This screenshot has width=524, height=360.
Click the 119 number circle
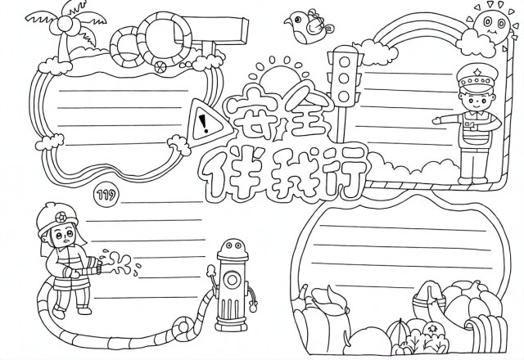point(107,194)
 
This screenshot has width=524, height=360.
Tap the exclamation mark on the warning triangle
point(204,124)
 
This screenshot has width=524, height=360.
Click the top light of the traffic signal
point(344,62)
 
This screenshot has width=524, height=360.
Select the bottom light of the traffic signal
point(344,97)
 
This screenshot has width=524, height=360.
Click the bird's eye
point(296,19)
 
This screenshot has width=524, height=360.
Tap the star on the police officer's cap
point(477,71)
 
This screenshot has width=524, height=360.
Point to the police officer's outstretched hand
point(436,120)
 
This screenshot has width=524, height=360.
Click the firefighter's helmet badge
point(61,218)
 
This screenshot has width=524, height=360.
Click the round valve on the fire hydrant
point(232,280)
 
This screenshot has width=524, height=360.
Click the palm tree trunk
point(64,47)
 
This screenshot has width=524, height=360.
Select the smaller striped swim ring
point(124,47)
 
